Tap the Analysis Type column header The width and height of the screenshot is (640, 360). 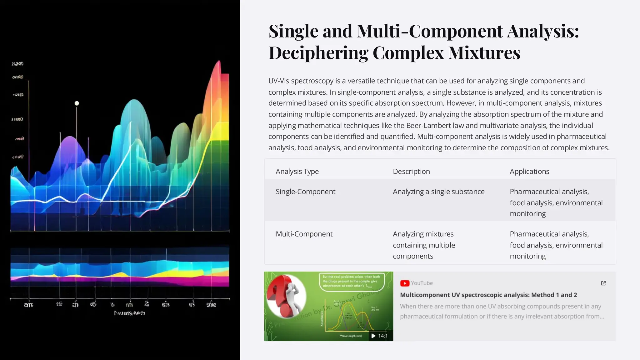pyautogui.click(x=297, y=171)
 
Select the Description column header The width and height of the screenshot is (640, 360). pyautogui.click(x=411, y=171)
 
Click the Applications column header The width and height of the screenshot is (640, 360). pyautogui.click(x=529, y=171)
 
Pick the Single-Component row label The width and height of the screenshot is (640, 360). pyautogui.click(x=305, y=192)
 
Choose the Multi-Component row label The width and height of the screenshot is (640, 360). pyautogui.click(x=304, y=234)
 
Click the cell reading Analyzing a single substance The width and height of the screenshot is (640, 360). pyautogui.click(x=438, y=192)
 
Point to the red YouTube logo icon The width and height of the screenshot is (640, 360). pyautogui.click(x=405, y=283)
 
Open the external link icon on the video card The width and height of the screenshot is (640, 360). pyautogui.click(x=603, y=283)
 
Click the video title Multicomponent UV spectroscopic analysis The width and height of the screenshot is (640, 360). pyautogui.click(x=488, y=295)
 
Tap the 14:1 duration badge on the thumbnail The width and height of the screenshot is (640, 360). pyautogui.click(x=380, y=336)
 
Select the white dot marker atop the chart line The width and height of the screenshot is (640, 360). pyautogui.click(x=77, y=103)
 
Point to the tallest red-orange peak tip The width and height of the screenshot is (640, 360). pyautogui.click(x=219, y=62)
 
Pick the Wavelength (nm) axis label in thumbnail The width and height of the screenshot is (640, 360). pyautogui.click(x=351, y=336)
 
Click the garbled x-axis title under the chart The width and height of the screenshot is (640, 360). pyautogui.click(x=129, y=313)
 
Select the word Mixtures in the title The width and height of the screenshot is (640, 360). pyautogui.click(x=484, y=52)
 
